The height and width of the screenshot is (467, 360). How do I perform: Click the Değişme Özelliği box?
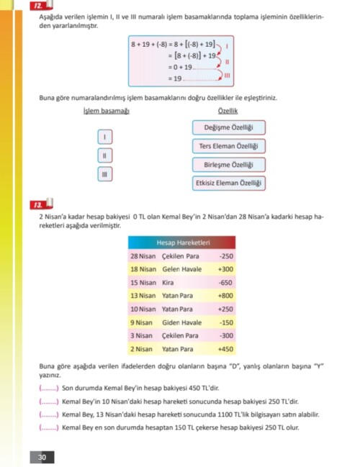click(229, 128)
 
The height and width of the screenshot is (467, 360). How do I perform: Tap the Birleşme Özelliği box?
click(229, 165)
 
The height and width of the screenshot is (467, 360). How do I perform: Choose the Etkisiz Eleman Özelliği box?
click(229, 183)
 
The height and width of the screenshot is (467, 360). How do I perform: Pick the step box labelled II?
click(105, 155)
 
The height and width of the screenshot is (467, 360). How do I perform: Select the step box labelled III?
click(105, 173)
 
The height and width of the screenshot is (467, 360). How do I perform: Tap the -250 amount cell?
click(226, 255)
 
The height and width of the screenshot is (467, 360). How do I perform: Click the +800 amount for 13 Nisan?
click(226, 296)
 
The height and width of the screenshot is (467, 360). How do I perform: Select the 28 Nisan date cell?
click(143, 255)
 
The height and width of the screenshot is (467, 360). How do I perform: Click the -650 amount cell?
click(226, 282)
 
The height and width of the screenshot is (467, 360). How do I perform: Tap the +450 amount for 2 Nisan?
click(226, 349)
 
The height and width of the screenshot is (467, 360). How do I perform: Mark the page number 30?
click(42, 458)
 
